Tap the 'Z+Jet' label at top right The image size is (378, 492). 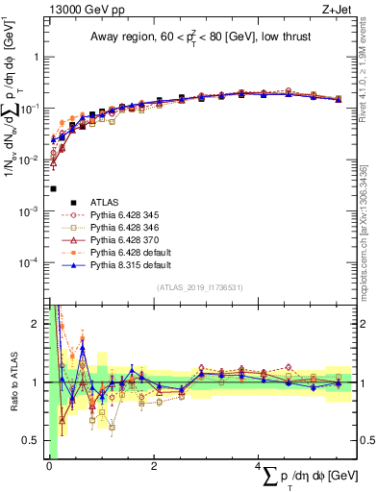[336, 9]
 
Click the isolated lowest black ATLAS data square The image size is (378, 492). [53, 189]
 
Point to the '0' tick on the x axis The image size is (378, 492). [48, 467]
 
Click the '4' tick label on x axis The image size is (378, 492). [256, 467]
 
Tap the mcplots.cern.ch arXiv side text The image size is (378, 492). [370, 221]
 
